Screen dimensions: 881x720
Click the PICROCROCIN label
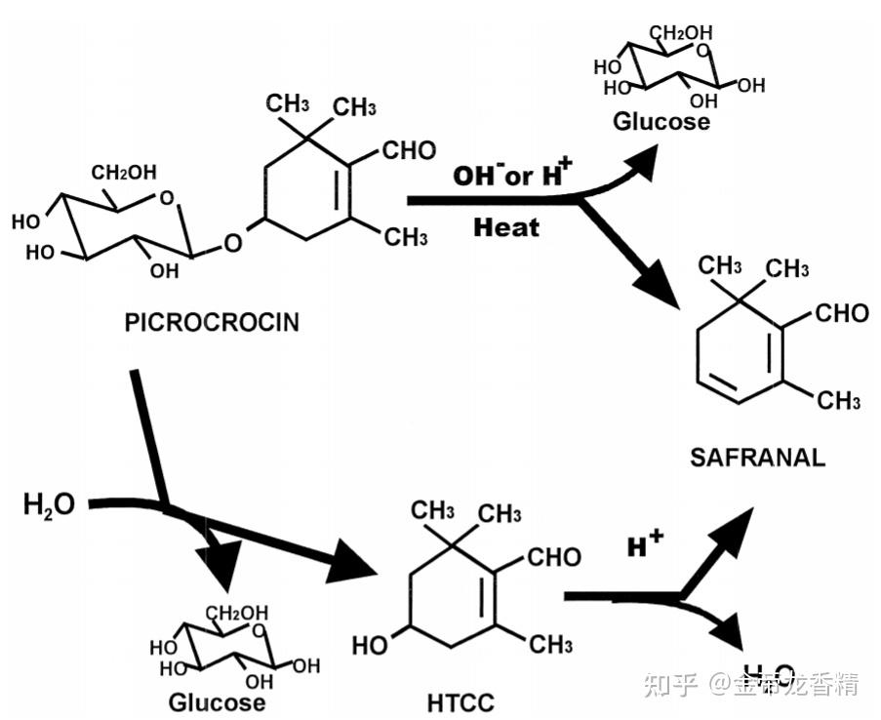[x=212, y=323]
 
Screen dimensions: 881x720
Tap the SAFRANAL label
[x=757, y=457]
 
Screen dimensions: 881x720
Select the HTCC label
[x=461, y=701]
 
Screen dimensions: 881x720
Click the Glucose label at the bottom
[x=217, y=701]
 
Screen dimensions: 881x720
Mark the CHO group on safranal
[x=841, y=313]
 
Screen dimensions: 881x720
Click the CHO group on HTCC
[x=553, y=557]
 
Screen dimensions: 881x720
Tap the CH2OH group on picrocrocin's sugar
[x=124, y=173]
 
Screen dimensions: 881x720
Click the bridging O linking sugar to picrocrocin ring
[x=232, y=240]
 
